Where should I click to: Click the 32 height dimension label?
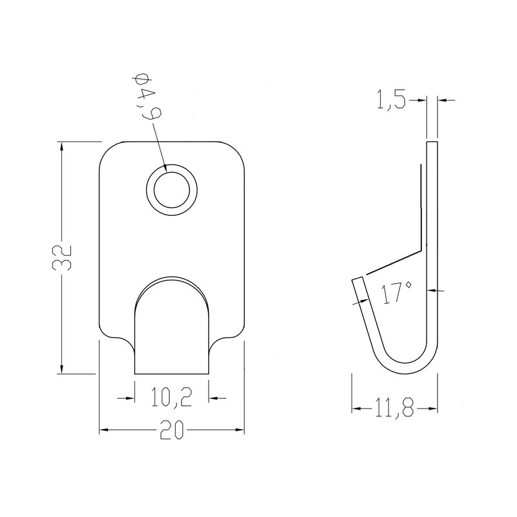pos(61,258)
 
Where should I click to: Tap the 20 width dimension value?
pos(171,430)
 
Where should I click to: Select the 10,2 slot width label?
pos(171,397)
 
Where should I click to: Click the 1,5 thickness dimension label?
pos(391,100)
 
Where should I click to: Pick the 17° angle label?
pos(396,292)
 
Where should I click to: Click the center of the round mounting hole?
pos(171,190)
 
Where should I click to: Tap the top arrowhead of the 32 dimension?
pos(61,147)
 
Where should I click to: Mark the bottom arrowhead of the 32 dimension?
pos(61,368)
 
